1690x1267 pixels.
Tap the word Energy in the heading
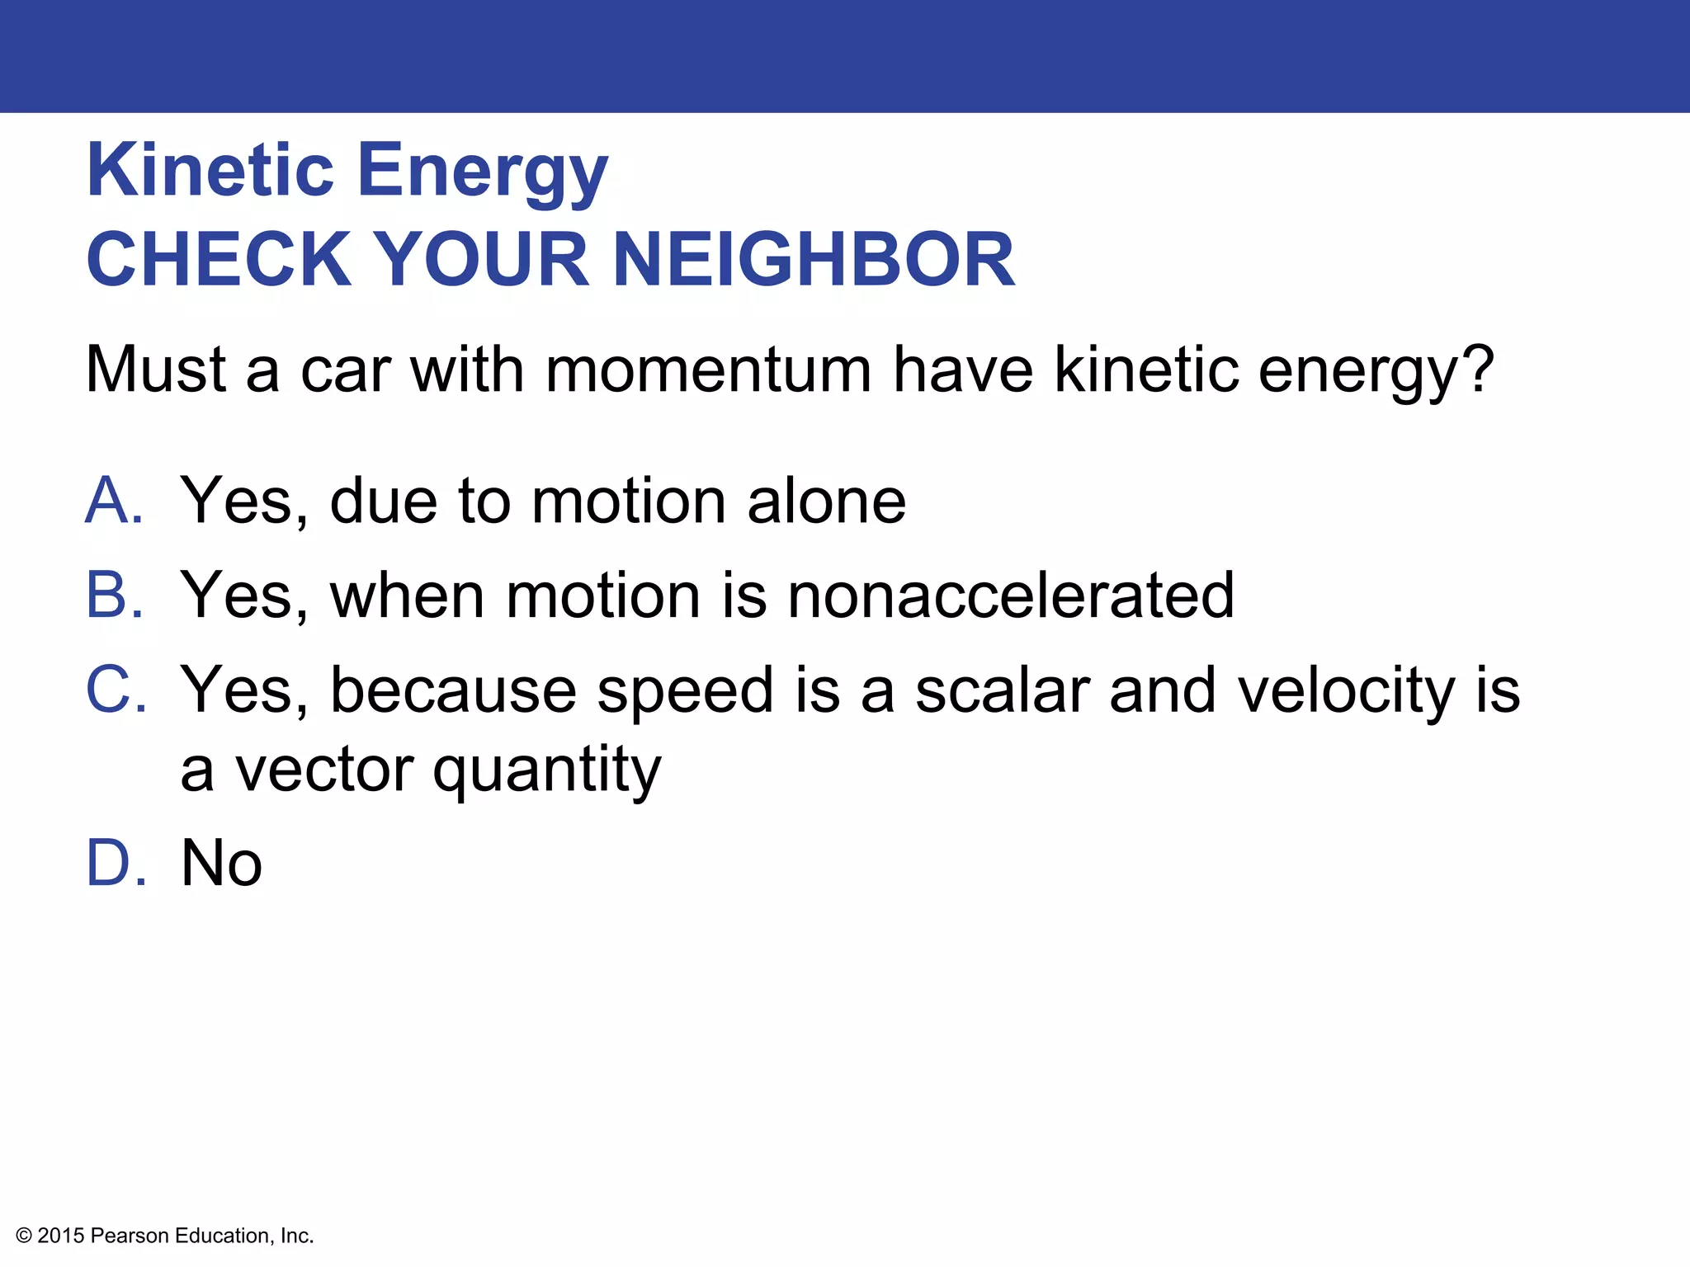(483, 173)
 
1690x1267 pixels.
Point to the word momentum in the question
(708, 370)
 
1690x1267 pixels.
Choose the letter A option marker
(113, 501)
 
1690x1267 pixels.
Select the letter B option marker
(113, 595)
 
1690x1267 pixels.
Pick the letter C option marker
(115, 690)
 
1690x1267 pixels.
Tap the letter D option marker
(115, 863)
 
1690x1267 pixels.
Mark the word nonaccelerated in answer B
(1010, 595)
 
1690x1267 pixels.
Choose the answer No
(221, 863)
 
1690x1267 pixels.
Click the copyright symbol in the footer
(24, 1236)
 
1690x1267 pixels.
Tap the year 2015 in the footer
(61, 1236)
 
